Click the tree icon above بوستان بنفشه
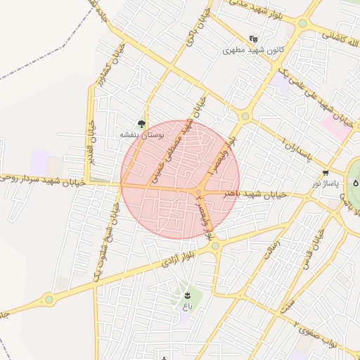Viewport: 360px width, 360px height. click(142, 123)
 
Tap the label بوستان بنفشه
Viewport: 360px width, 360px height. click(142, 134)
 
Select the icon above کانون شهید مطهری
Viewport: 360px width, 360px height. click(253, 39)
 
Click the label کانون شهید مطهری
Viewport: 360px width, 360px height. click(252, 50)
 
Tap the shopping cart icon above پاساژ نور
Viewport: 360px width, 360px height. click(325, 172)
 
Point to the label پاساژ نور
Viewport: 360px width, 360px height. click(325, 183)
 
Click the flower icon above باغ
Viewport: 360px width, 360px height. click(187, 295)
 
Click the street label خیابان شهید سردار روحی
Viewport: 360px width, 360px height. click(43, 179)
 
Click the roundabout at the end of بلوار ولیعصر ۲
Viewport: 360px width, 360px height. click(215, 246)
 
